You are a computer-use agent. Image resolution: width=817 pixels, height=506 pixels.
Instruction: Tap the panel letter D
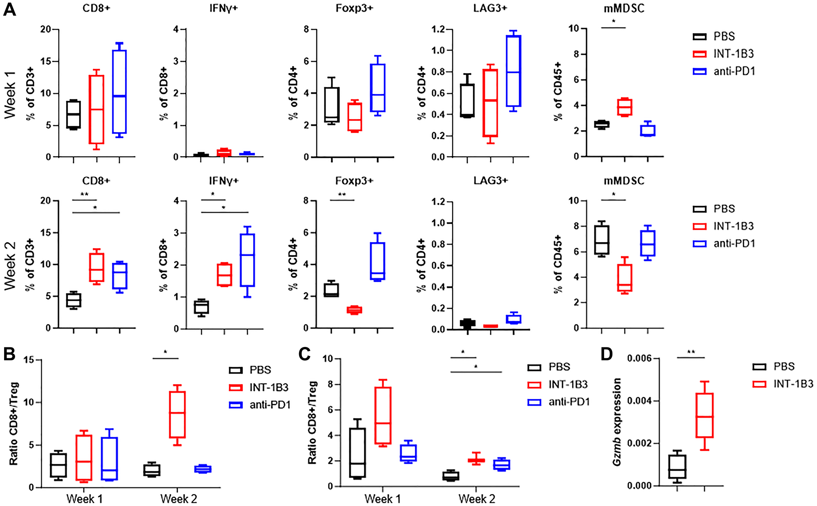(606, 354)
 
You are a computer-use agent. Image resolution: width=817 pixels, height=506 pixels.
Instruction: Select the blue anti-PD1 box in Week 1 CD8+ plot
(119, 92)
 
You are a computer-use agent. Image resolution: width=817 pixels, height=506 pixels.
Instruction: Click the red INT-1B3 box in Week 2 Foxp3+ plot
(355, 310)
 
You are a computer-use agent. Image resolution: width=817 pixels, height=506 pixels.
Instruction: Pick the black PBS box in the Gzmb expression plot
(677, 466)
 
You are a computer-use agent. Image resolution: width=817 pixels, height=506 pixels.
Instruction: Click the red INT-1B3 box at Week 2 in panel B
(177, 414)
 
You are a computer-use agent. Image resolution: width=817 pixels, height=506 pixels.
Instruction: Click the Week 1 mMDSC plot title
(623, 9)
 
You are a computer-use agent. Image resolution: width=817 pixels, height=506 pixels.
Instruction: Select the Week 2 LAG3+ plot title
(490, 180)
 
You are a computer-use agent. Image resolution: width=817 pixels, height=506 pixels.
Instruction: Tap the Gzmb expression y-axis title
(616, 421)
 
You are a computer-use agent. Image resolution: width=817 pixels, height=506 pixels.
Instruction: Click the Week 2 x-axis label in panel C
(476, 499)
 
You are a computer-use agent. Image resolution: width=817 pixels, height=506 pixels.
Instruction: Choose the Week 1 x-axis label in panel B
(84, 499)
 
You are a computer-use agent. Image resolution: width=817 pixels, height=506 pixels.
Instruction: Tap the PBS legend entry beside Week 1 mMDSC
(724, 36)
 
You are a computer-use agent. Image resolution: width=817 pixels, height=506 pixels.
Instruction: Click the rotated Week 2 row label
(10, 266)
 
